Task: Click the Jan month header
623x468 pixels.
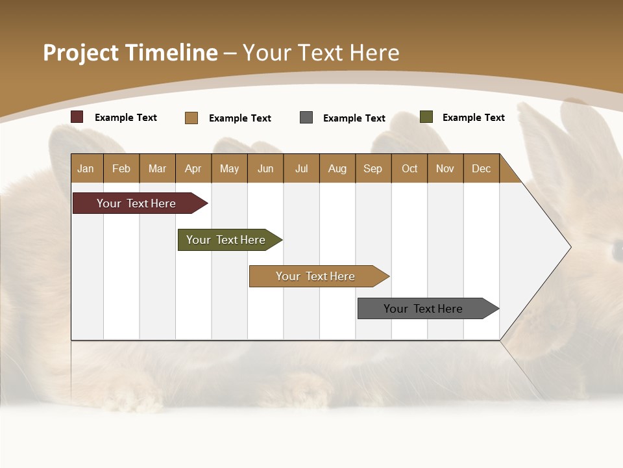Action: pos(86,168)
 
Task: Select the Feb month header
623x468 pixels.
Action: pos(121,168)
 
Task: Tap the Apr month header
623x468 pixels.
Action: pos(193,168)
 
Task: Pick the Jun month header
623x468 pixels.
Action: pos(265,168)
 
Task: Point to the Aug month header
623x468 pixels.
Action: pos(337,168)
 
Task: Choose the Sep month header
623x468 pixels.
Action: pos(373,168)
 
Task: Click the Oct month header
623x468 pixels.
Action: pos(409,168)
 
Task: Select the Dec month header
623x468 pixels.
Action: pos(482,168)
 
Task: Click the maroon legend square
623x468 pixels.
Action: pos(77,117)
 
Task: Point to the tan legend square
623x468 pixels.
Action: pos(191,118)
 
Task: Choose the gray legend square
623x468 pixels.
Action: pos(306,118)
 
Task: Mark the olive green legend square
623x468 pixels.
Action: pos(426,117)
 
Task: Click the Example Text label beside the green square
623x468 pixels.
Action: pos(473,118)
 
